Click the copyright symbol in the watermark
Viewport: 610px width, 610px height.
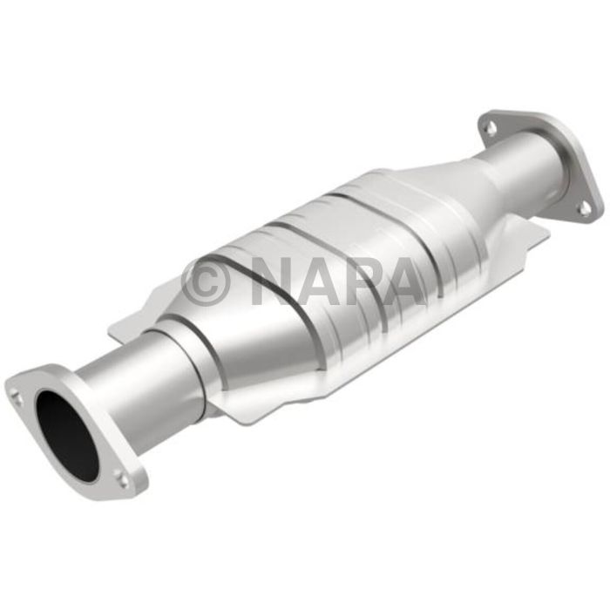click(206, 281)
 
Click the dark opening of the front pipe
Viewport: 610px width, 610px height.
click(66, 436)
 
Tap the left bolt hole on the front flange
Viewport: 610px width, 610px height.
click(17, 396)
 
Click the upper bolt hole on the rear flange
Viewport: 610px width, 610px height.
click(491, 127)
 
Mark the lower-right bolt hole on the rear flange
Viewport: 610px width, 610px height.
click(585, 207)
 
